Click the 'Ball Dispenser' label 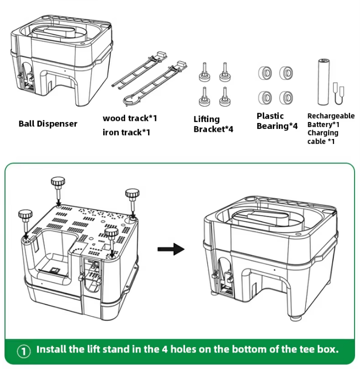pyautogui.click(x=48, y=123)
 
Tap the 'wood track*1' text pyautogui.click(x=130, y=118)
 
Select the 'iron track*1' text pyautogui.click(x=126, y=132)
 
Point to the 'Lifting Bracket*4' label pyautogui.click(x=213, y=124)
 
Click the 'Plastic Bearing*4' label pyautogui.click(x=277, y=121)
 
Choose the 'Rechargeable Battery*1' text pyautogui.click(x=331, y=120)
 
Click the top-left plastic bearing pyautogui.click(x=264, y=73)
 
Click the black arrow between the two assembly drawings pyautogui.click(x=171, y=249)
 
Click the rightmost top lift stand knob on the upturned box pyautogui.click(x=132, y=194)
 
